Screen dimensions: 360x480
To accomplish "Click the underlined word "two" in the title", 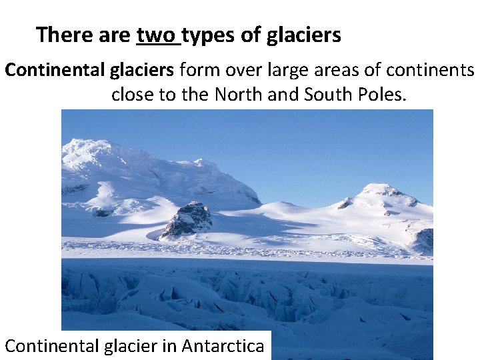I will [157, 35].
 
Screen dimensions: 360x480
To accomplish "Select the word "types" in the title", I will [207, 35].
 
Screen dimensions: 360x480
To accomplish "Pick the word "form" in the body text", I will [199, 70].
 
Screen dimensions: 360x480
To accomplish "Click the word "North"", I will [239, 95].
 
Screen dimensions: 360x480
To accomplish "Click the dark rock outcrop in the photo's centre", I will [187, 219].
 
